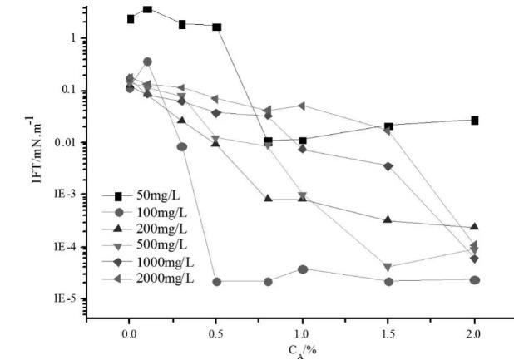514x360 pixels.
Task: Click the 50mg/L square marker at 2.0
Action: pos(475,121)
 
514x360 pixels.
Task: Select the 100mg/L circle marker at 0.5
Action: pos(216,281)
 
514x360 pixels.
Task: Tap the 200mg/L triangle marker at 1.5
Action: pos(388,220)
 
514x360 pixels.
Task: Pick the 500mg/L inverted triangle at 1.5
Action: pos(388,267)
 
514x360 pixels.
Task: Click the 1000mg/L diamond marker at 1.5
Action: pos(388,166)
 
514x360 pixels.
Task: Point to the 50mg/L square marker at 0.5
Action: pos(216,27)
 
